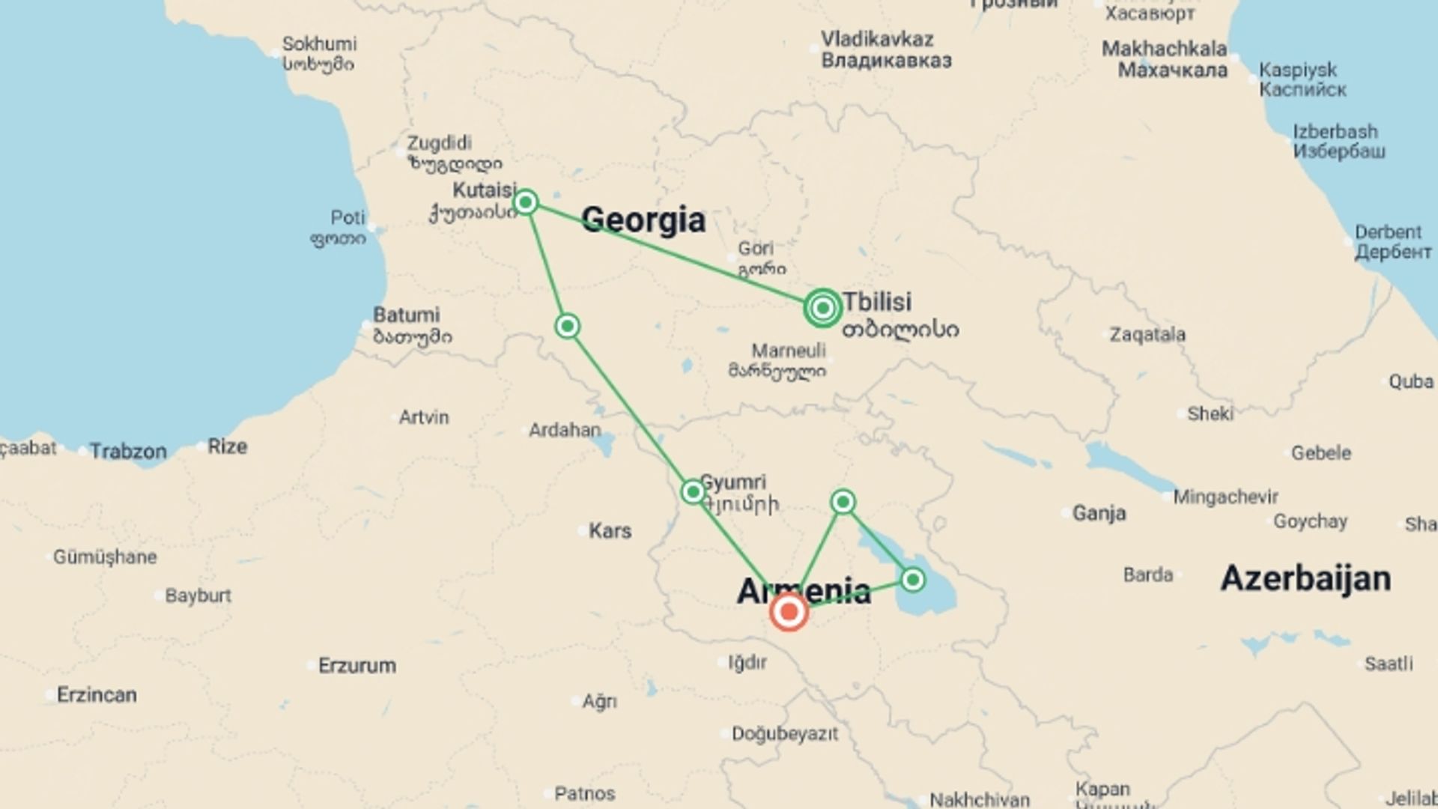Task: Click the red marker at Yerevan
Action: pos(789,612)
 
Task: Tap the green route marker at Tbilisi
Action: pos(823,308)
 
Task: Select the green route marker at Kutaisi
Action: pos(526,202)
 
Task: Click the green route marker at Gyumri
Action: pos(693,492)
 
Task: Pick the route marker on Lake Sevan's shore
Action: pos(912,580)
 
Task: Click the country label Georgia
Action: pos(643,219)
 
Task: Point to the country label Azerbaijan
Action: pos(1305,578)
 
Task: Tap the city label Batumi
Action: pos(407,315)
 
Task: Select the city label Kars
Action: pos(610,531)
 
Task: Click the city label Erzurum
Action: pos(357,665)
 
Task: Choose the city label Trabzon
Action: pos(128,451)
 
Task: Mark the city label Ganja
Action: pos(1099,513)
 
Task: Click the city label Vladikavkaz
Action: pos(877,39)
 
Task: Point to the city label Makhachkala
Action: pos(1164,49)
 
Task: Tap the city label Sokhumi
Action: pos(319,44)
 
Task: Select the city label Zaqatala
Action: pos(1147,334)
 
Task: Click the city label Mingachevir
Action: pos(1225,497)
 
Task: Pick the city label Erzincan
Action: pos(97,694)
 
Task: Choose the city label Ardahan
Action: pos(565,430)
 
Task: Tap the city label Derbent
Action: pos(1388,232)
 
